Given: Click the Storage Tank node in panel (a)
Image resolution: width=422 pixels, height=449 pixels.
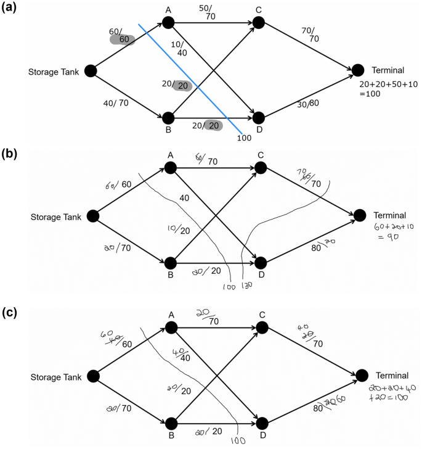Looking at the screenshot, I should [x=90, y=71].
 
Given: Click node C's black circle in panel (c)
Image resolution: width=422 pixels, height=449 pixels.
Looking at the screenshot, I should [x=262, y=327].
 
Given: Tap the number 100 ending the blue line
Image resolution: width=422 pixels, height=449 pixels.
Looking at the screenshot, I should [x=244, y=138].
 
